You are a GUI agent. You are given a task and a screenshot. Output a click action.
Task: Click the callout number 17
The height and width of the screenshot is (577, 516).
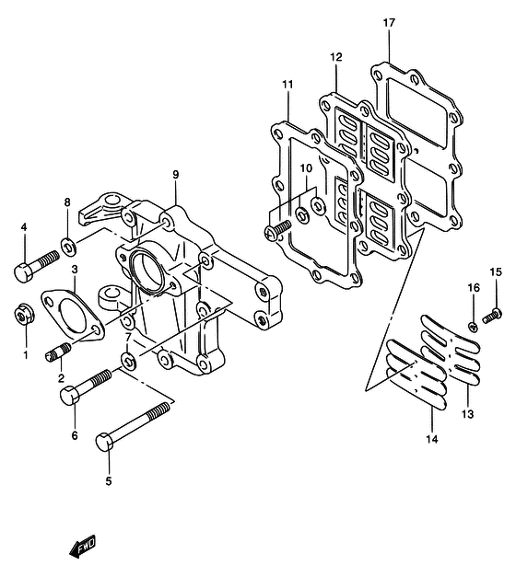[x=389, y=23]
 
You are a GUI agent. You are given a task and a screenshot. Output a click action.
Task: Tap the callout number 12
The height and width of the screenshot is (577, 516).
[x=335, y=57]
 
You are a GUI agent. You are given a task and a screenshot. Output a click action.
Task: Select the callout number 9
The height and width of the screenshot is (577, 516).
[x=175, y=175]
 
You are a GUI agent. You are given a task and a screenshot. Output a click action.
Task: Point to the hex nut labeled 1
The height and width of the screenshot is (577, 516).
[x=24, y=315]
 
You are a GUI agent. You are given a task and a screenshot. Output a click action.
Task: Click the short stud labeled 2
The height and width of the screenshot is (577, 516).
[x=58, y=352]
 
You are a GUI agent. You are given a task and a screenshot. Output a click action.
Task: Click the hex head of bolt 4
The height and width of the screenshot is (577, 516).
[x=24, y=272]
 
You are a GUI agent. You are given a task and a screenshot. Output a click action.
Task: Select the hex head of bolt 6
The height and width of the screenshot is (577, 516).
[x=70, y=396]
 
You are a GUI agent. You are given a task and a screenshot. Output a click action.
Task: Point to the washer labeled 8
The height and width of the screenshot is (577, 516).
[x=68, y=247]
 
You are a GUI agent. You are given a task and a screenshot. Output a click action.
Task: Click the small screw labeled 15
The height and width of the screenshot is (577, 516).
[x=492, y=316]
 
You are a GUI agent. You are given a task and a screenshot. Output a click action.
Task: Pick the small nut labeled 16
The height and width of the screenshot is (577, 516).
[x=473, y=326]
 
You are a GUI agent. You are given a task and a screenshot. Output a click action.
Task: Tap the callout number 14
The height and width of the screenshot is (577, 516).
[x=432, y=439]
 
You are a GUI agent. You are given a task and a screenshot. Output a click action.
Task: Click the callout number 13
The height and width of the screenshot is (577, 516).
[x=467, y=414]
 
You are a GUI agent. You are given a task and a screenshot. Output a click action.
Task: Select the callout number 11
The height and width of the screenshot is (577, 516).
[x=287, y=85]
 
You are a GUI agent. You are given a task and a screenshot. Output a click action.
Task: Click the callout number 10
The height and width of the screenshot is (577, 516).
[x=306, y=168]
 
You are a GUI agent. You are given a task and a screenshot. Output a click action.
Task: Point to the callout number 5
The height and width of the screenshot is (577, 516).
[x=109, y=481]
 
